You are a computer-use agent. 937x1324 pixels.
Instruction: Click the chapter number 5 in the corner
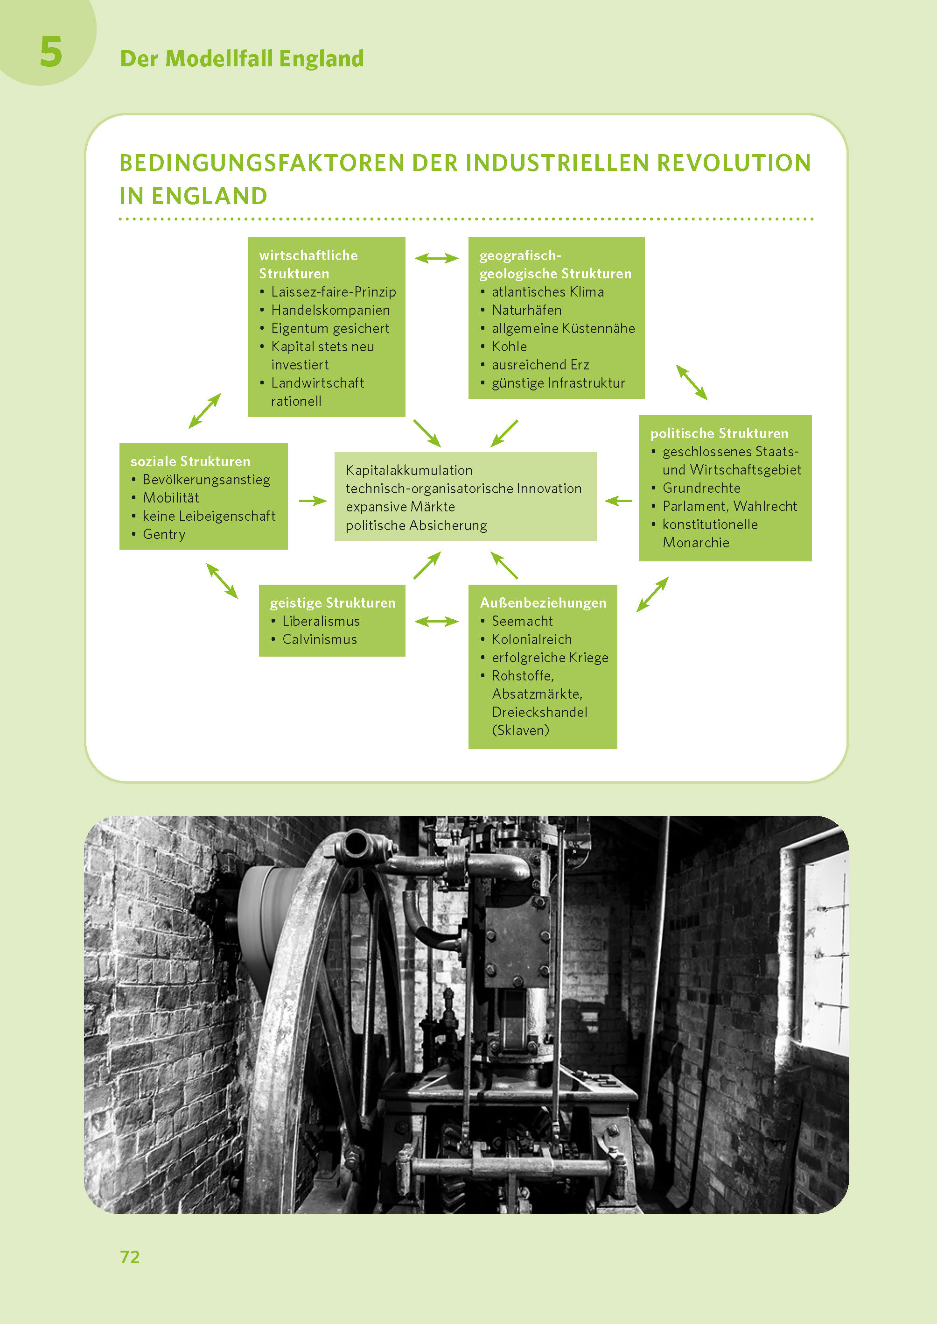51,52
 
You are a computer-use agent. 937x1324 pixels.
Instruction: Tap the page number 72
130,1257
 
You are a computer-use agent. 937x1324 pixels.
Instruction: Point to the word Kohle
509,347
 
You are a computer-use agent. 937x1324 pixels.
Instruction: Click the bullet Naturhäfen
526,310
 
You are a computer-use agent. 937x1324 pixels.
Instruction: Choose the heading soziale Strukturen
190,461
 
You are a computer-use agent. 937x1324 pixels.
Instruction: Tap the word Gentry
164,534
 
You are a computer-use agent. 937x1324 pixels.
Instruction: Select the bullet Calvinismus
319,639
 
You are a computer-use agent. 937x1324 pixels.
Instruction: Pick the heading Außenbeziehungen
543,603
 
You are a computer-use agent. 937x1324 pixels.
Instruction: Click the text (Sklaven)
520,730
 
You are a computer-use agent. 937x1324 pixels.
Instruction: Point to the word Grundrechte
701,488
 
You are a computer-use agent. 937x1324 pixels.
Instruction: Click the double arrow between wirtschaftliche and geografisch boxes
437,258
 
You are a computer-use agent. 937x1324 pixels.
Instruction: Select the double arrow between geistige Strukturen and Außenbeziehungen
437,621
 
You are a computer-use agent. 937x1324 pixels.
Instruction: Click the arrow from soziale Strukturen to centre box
313,501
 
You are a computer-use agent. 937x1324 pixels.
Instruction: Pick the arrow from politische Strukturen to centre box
618,501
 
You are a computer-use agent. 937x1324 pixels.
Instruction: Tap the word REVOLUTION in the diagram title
734,163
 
